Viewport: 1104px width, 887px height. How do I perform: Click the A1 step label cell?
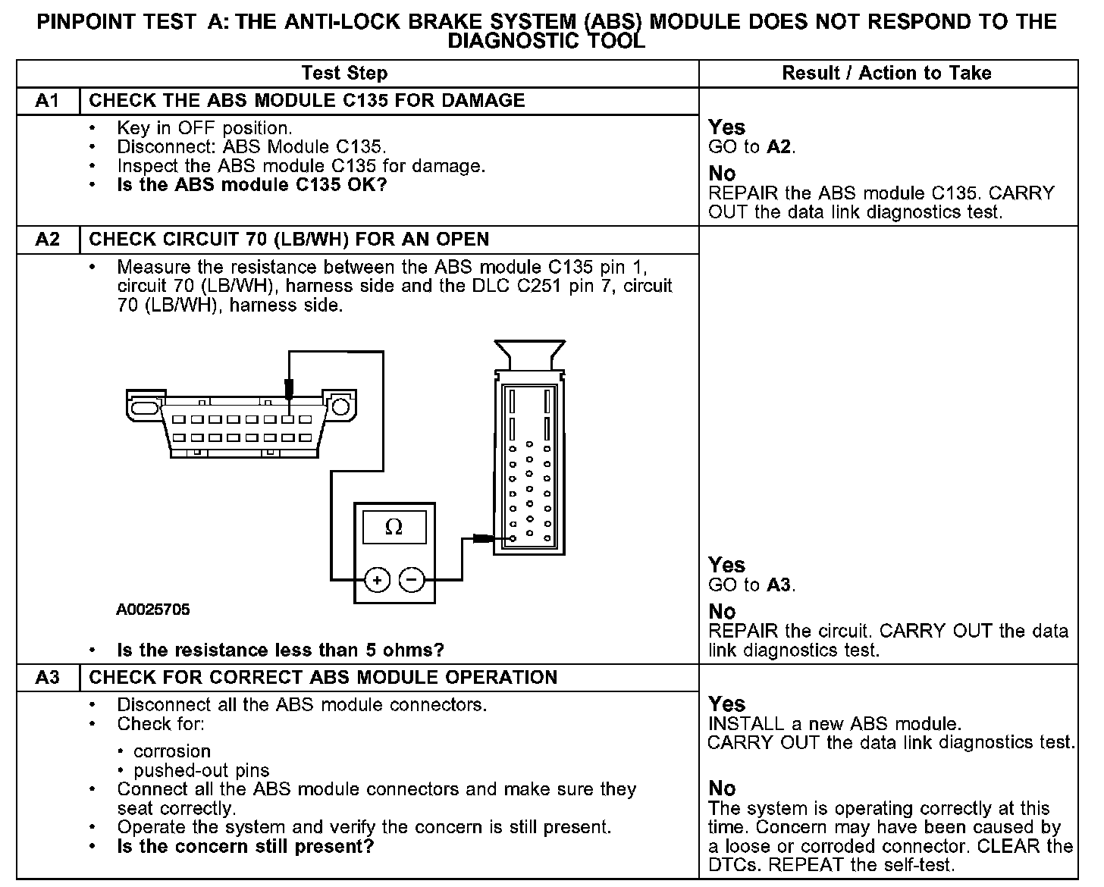(x=47, y=101)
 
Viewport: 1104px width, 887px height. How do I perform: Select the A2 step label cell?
(x=47, y=240)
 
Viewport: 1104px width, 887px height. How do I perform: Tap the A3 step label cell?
(x=47, y=677)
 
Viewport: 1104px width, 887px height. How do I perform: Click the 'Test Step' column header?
(x=344, y=74)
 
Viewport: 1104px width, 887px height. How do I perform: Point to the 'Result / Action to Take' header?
(x=886, y=74)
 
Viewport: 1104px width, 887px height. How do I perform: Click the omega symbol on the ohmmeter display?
(x=394, y=527)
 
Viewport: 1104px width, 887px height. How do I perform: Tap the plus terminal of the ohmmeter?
(x=378, y=580)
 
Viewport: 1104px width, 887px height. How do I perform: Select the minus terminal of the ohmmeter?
(x=412, y=580)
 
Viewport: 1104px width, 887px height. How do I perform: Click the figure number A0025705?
(x=153, y=610)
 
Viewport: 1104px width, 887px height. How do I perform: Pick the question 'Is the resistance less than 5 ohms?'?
(x=281, y=650)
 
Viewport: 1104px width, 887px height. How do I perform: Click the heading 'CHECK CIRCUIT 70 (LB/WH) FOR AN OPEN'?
(x=289, y=240)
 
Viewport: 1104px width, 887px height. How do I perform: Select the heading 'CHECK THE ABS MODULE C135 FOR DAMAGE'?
(x=307, y=101)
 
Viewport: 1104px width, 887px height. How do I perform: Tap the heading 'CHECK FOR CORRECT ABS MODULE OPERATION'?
(x=323, y=677)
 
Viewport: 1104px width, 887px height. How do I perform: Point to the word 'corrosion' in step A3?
(x=172, y=751)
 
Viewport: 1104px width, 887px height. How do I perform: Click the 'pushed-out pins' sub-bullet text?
(x=201, y=771)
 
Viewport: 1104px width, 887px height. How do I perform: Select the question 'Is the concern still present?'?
(x=246, y=846)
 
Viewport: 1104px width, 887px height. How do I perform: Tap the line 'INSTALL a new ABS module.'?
(x=834, y=723)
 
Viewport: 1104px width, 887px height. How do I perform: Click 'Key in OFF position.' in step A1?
(x=205, y=128)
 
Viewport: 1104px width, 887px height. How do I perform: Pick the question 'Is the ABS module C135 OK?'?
(x=252, y=185)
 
